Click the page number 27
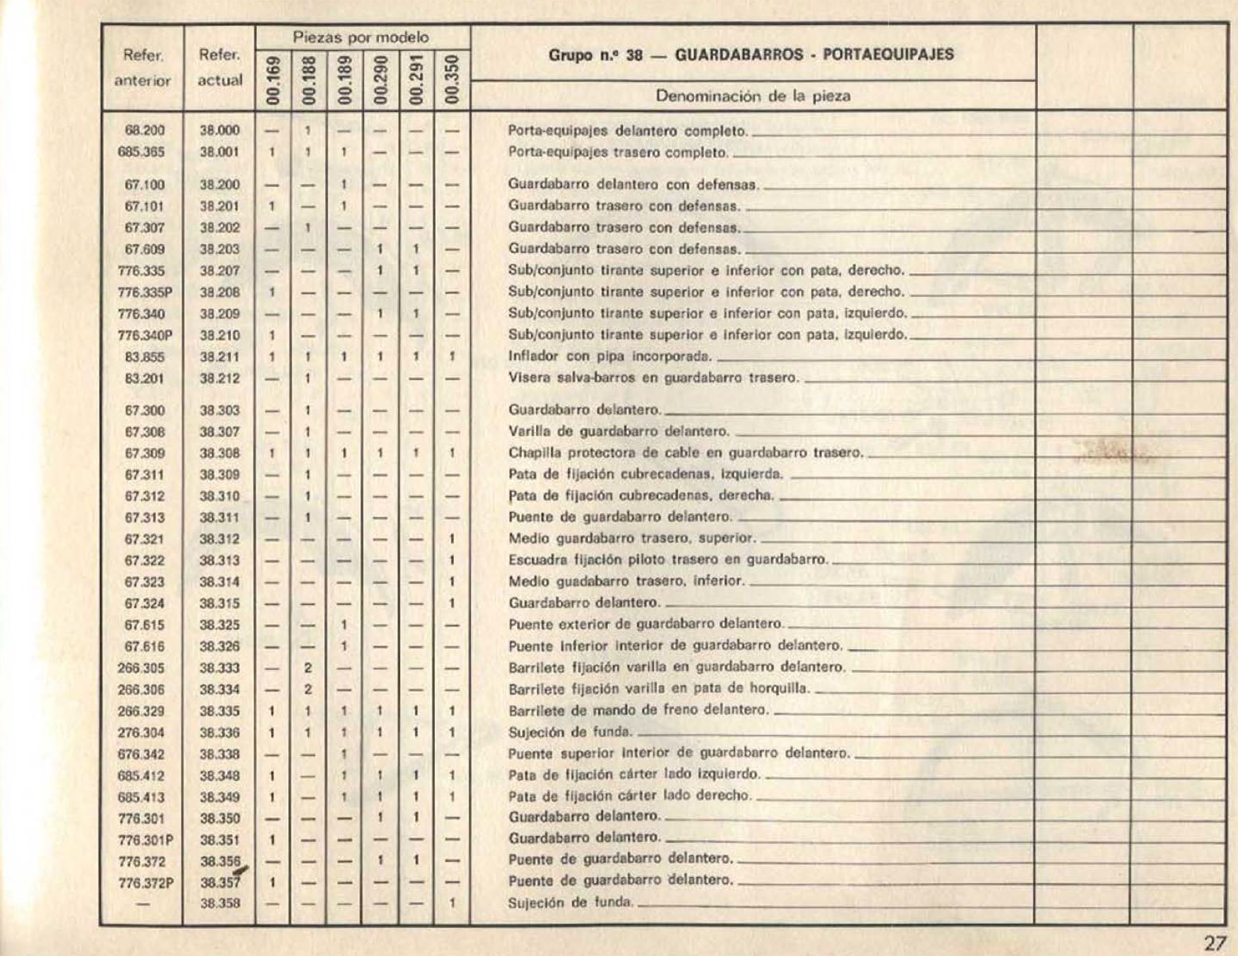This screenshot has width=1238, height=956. click(1214, 943)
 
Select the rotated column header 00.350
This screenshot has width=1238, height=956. click(452, 80)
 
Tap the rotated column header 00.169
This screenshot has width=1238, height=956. click(273, 80)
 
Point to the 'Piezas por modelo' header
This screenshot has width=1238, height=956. click(361, 37)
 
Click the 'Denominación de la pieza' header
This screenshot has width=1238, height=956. click(753, 96)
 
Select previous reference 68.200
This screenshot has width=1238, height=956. click(144, 131)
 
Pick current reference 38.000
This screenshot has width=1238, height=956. click(219, 131)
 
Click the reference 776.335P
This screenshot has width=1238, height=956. click(145, 292)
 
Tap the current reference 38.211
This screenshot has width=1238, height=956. click(219, 357)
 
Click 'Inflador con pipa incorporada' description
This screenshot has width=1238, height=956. click(609, 357)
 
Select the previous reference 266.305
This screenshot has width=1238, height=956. click(142, 668)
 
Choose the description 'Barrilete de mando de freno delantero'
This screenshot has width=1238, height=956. click(638, 711)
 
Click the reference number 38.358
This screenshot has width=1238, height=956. click(220, 903)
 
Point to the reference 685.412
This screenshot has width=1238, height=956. click(142, 775)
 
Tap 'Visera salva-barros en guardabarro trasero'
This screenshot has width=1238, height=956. click(652, 378)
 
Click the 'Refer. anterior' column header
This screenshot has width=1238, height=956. click(143, 68)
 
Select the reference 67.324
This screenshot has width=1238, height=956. click(145, 603)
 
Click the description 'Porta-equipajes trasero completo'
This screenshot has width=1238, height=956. click(618, 152)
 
